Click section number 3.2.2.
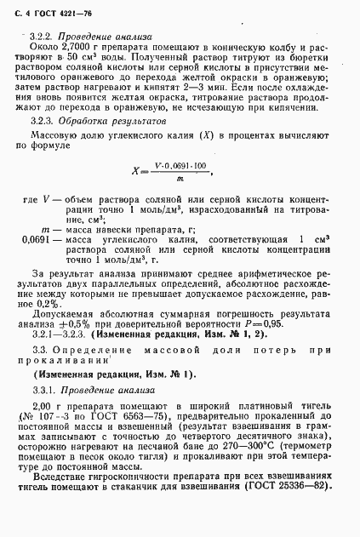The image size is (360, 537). pos(40,38)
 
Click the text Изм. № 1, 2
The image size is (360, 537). pos(182,335)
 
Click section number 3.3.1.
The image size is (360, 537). pos(40,390)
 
